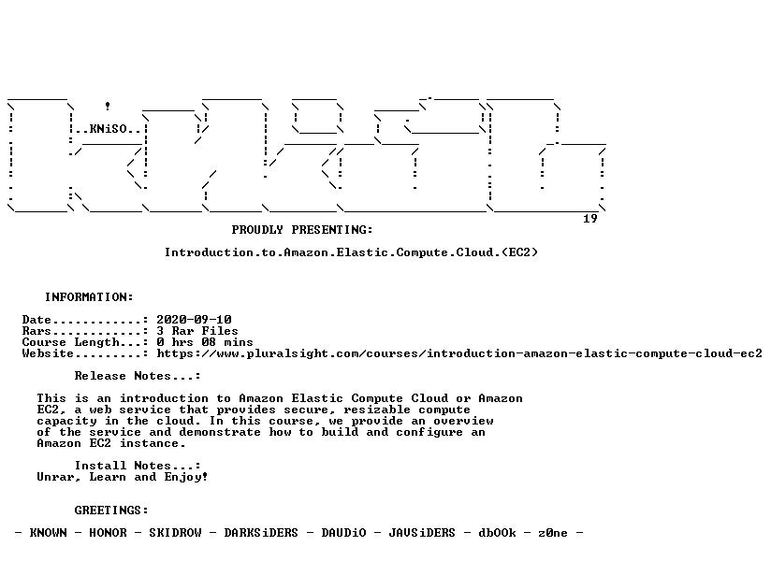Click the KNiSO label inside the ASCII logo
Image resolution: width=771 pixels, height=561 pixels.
coord(109,129)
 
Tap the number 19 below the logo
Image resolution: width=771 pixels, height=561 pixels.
coord(590,219)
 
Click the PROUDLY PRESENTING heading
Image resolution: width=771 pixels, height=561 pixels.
coord(302,230)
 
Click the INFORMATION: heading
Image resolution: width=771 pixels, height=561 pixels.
coord(89,297)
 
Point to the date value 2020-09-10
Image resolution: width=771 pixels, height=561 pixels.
coord(195,320)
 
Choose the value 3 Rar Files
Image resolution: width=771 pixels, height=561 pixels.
coord(197,331)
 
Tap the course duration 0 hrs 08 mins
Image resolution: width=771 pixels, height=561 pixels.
coord(205,342)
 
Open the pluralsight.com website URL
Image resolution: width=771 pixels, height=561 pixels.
coord(459,353)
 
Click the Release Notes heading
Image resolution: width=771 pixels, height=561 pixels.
coord(138,376)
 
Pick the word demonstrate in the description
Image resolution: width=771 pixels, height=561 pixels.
coord(220,432)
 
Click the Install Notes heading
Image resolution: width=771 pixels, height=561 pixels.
coord(138,466)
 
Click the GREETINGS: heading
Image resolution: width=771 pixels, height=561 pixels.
coord(111,511)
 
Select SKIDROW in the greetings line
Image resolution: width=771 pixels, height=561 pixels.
coord(176,533)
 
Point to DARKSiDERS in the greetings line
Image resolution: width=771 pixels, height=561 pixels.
coord(261,533)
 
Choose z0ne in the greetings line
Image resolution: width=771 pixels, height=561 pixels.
coord(553,533)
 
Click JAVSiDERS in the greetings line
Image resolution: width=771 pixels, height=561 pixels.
coord(422,533)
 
